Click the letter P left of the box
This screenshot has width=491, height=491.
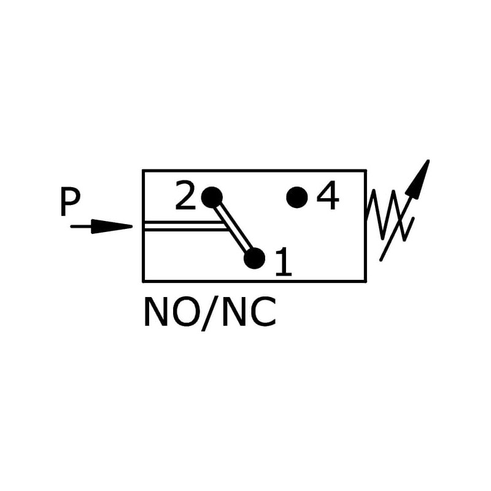tap(70, 203)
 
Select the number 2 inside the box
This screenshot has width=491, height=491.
tap(185, 196)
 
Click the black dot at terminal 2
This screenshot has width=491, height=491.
tap(211, 197)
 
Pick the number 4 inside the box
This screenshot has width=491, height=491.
tap(328, 197)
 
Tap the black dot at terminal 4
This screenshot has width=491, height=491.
tap(297, 197)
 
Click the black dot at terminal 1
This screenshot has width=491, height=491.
tap(254, 258)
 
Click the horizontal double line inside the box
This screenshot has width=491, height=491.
tap(184, 226)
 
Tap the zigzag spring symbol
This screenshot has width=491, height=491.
tap(387, 213)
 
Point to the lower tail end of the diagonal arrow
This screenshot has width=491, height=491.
tap(382, 259)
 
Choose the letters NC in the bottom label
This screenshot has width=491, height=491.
tap(249, 313)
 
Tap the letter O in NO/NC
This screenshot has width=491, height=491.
tap(185, 313)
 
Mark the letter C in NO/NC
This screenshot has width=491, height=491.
tap(264, 313)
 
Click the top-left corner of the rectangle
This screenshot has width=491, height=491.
tap(143, 171)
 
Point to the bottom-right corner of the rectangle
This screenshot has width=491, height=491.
tap(366, 281)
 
